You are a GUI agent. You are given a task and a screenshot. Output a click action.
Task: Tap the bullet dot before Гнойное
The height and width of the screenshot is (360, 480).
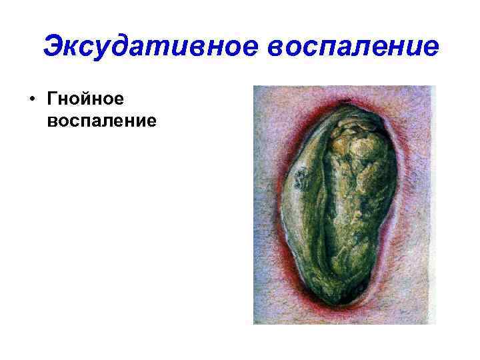(x=31, y=101)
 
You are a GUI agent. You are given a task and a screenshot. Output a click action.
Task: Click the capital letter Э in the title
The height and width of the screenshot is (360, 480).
(x=53, y=47)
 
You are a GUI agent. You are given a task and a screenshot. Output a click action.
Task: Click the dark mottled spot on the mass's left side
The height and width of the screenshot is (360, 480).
(x=301, y=177)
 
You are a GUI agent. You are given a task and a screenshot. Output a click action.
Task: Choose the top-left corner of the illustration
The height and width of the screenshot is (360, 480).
(x=255, y=87)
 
